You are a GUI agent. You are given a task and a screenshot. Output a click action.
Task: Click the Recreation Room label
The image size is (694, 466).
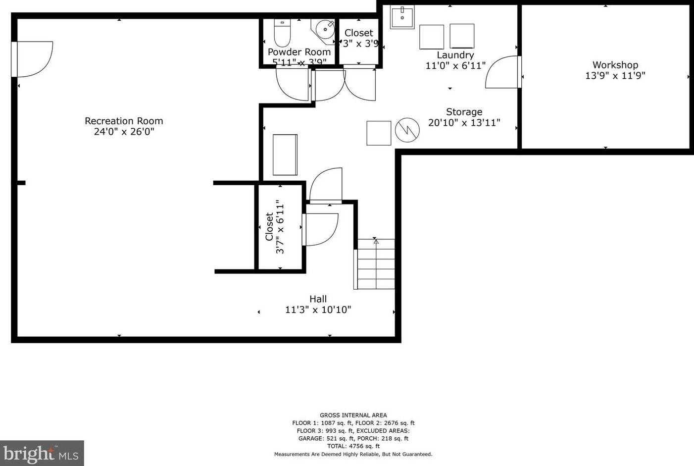124,121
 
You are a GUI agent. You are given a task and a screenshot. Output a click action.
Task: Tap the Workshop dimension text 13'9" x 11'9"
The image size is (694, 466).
615,76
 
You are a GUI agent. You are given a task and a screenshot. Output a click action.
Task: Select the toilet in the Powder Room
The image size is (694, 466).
282,33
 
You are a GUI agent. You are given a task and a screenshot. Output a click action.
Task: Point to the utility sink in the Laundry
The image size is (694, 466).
402,17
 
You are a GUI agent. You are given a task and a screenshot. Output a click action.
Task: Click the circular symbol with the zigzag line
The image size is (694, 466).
407,130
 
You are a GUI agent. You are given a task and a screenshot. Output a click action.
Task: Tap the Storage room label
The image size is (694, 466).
464,112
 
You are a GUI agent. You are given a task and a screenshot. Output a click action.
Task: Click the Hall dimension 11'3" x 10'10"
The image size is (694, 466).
318,310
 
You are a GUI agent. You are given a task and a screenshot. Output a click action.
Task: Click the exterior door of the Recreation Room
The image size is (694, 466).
32,59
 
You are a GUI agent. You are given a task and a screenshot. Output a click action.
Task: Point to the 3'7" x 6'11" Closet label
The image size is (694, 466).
275,227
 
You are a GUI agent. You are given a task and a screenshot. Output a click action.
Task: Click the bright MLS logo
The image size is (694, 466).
42,453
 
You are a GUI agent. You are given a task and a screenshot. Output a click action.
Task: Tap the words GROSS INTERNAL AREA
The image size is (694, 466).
353,415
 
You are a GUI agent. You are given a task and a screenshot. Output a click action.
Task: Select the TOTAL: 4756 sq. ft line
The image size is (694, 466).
353,446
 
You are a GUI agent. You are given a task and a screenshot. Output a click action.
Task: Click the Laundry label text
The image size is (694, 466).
455,55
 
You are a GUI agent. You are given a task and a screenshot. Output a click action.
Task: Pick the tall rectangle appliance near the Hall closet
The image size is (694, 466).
285,155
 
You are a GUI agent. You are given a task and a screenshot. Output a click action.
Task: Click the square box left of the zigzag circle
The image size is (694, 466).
379,133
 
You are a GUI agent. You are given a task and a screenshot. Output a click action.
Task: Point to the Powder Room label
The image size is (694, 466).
299,52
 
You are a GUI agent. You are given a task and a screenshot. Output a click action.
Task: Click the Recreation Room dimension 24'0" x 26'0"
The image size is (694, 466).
124,132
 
